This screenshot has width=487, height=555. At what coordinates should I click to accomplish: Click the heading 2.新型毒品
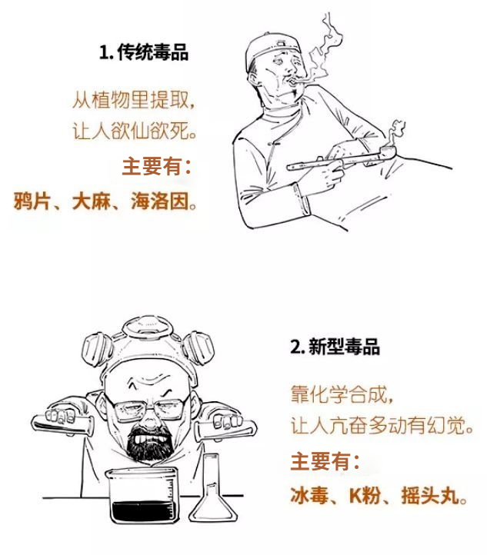coord(335,347)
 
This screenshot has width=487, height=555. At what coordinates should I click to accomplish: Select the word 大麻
coord(90,202)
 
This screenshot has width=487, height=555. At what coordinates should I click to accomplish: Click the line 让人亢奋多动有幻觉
coord(380,425)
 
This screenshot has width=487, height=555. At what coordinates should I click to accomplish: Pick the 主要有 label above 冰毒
coord(325,461)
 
